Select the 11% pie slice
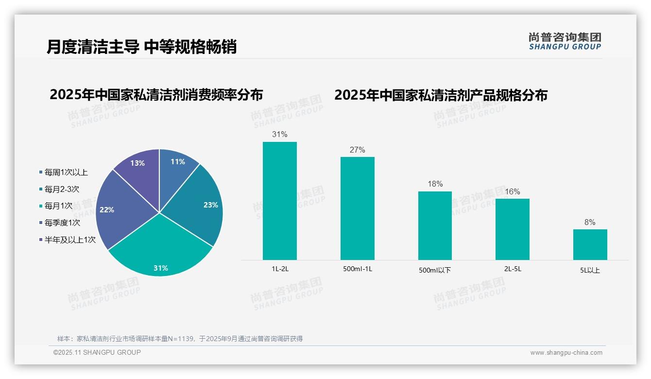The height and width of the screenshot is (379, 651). [176, 168]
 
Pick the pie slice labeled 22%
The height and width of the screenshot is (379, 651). [117, 209]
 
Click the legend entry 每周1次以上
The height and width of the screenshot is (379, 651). [66, 172]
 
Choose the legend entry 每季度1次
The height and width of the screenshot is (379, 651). [62, 223]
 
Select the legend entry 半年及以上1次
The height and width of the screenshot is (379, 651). [70, 240]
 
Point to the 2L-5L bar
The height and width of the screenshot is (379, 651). [513, 229]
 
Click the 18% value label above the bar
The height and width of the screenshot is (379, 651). [435, 184]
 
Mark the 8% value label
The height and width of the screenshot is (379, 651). [590, 223]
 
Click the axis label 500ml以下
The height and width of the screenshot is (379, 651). [435, 270]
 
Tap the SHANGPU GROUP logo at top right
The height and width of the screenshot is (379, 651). [565, 41]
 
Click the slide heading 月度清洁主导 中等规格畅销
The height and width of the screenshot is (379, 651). [141, 47]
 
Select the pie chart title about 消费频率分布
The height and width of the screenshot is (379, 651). [156, 95]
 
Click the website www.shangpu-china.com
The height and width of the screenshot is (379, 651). [566, 353]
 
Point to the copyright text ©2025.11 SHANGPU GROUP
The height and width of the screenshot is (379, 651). [97, 353]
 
